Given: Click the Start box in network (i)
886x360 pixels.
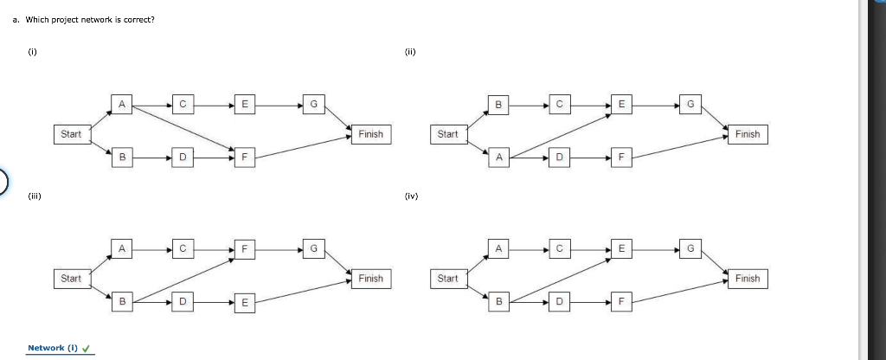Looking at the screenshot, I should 71,134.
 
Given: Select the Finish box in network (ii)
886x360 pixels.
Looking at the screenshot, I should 747,134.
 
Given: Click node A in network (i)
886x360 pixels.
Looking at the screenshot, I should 122,106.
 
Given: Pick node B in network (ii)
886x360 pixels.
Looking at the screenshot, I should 498,106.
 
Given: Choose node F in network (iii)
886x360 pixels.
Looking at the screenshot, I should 245,250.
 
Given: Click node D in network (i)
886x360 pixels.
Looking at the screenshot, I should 183,157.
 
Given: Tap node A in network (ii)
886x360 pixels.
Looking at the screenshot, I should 498,157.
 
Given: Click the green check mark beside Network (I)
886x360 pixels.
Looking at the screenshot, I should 87,349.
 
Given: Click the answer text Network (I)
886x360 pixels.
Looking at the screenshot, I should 53,348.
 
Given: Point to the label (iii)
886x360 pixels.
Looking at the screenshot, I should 33,196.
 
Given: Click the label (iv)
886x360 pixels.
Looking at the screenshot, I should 410,196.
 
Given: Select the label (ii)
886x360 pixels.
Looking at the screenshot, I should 409,51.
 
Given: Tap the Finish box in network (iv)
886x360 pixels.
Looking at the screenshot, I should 747,279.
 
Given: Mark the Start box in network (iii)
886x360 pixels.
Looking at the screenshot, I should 71,279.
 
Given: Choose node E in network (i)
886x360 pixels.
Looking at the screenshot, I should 245,106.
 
